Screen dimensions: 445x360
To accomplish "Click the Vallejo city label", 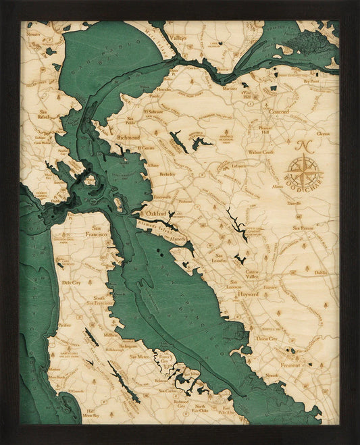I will (178, 38).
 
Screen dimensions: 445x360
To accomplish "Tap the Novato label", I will (33, 33).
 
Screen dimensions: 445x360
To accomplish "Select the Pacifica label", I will (64, 325).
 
